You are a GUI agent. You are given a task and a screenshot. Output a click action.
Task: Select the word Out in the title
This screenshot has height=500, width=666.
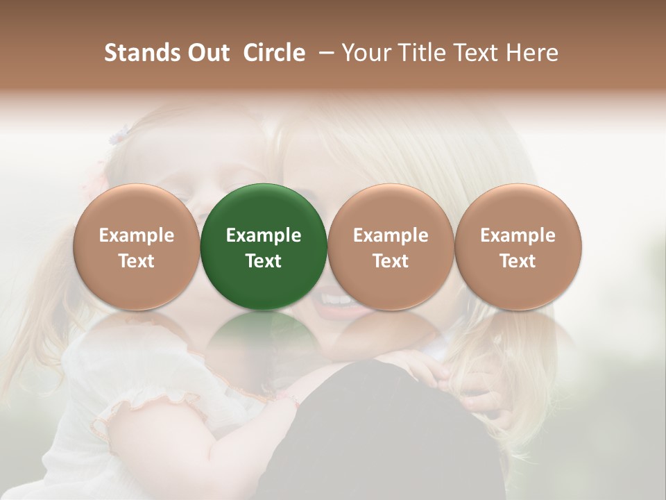[x=207, y=53]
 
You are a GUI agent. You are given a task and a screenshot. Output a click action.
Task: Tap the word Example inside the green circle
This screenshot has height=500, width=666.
[x=264, y=235]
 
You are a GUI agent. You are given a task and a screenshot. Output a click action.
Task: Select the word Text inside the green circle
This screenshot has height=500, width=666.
[x=264, y=261]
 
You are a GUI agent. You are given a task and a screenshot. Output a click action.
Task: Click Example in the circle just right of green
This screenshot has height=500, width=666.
[x=391, y=235]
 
